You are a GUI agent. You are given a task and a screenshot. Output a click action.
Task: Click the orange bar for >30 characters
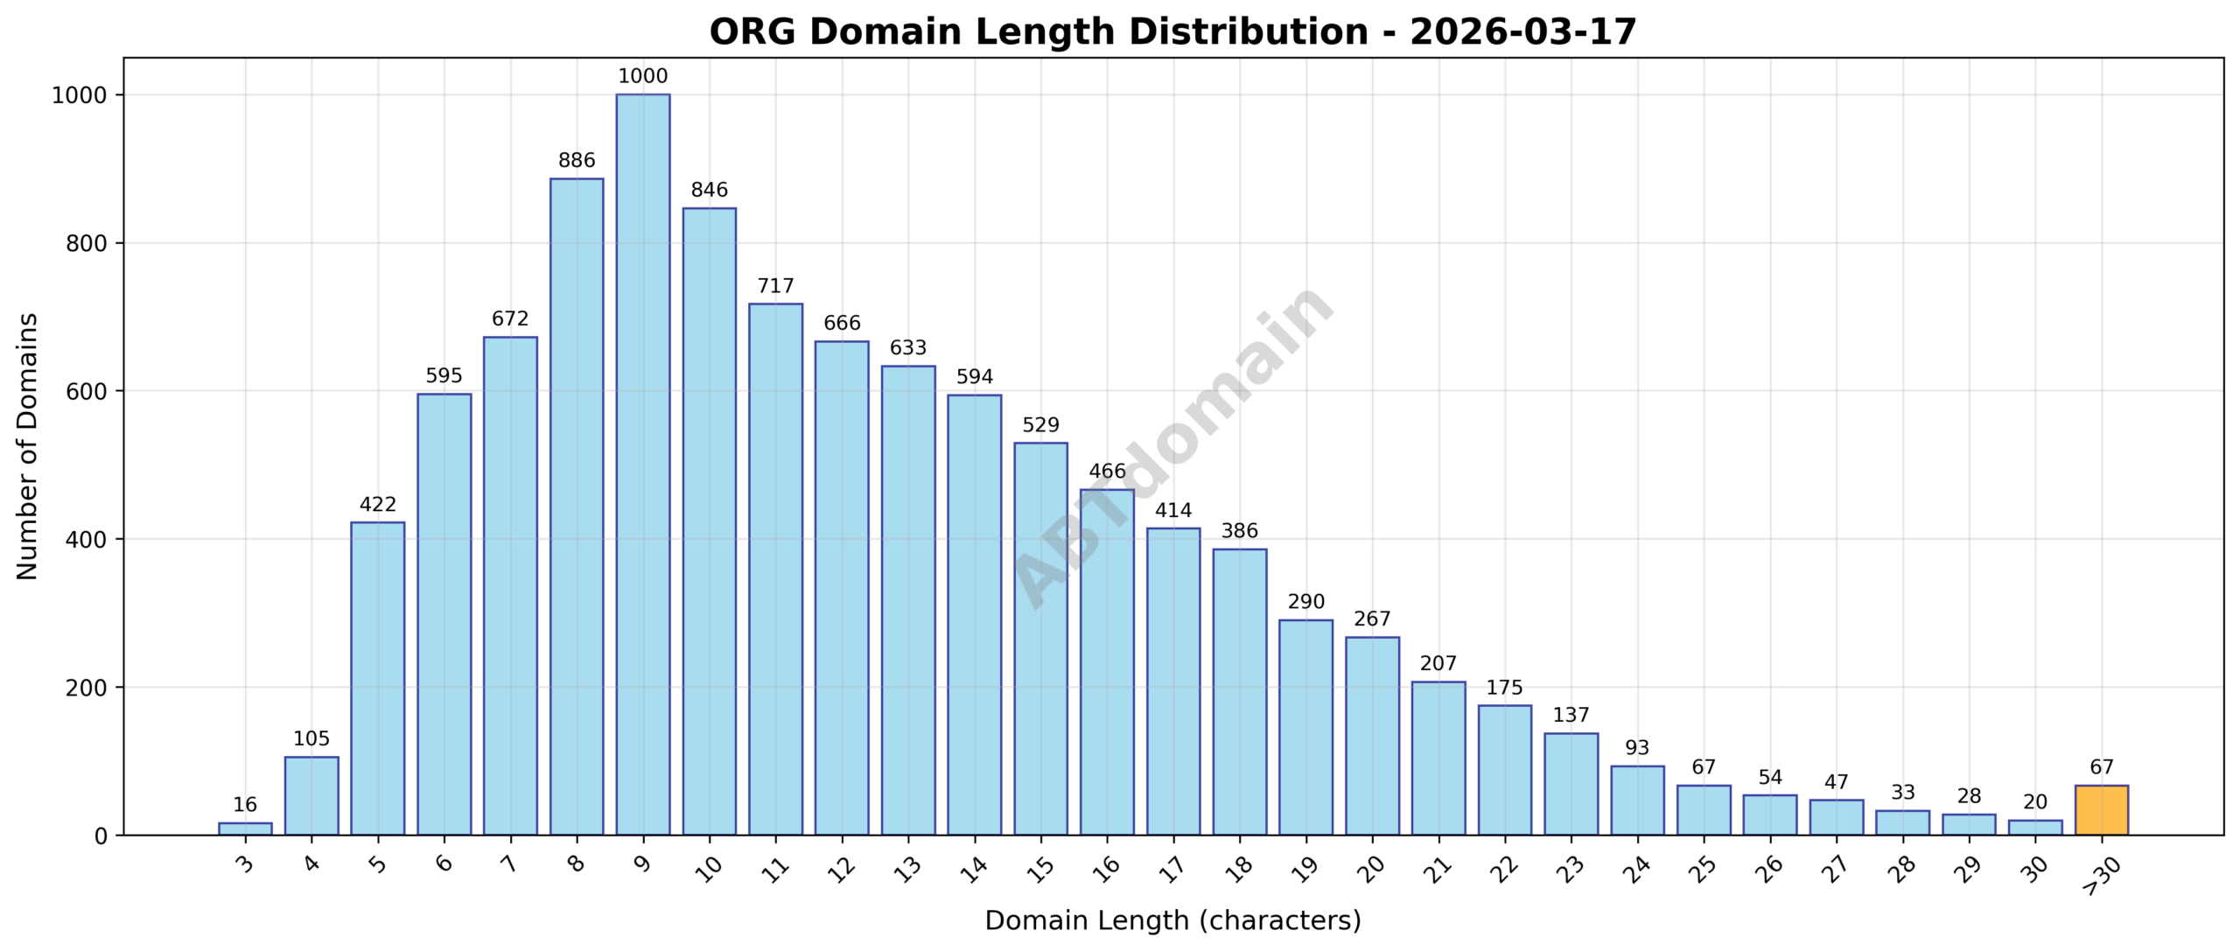coord(2101,810)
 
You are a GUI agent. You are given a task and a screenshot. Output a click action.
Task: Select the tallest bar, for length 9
coord(642,465)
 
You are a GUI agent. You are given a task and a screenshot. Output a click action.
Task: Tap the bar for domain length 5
coord(377,679)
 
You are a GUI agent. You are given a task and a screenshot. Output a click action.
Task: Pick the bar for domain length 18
coord(1239,692)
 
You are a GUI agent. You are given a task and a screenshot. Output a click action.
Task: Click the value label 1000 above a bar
coord(642,76)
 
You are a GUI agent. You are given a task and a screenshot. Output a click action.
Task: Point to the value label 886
coord(576,161)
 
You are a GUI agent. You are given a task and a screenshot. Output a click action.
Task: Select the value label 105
coord(311,738)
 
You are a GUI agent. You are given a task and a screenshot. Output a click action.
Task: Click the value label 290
coord(1305,602)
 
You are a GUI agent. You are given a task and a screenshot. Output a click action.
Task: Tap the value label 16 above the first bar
coord(245,805)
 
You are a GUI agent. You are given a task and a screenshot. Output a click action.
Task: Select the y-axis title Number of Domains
coord(28,446)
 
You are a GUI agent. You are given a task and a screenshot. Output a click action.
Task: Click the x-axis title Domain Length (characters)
coord(1172,920)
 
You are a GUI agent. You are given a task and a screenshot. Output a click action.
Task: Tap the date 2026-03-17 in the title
coord(1522,32)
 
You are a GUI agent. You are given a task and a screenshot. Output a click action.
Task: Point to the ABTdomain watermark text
coord(1172,446)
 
